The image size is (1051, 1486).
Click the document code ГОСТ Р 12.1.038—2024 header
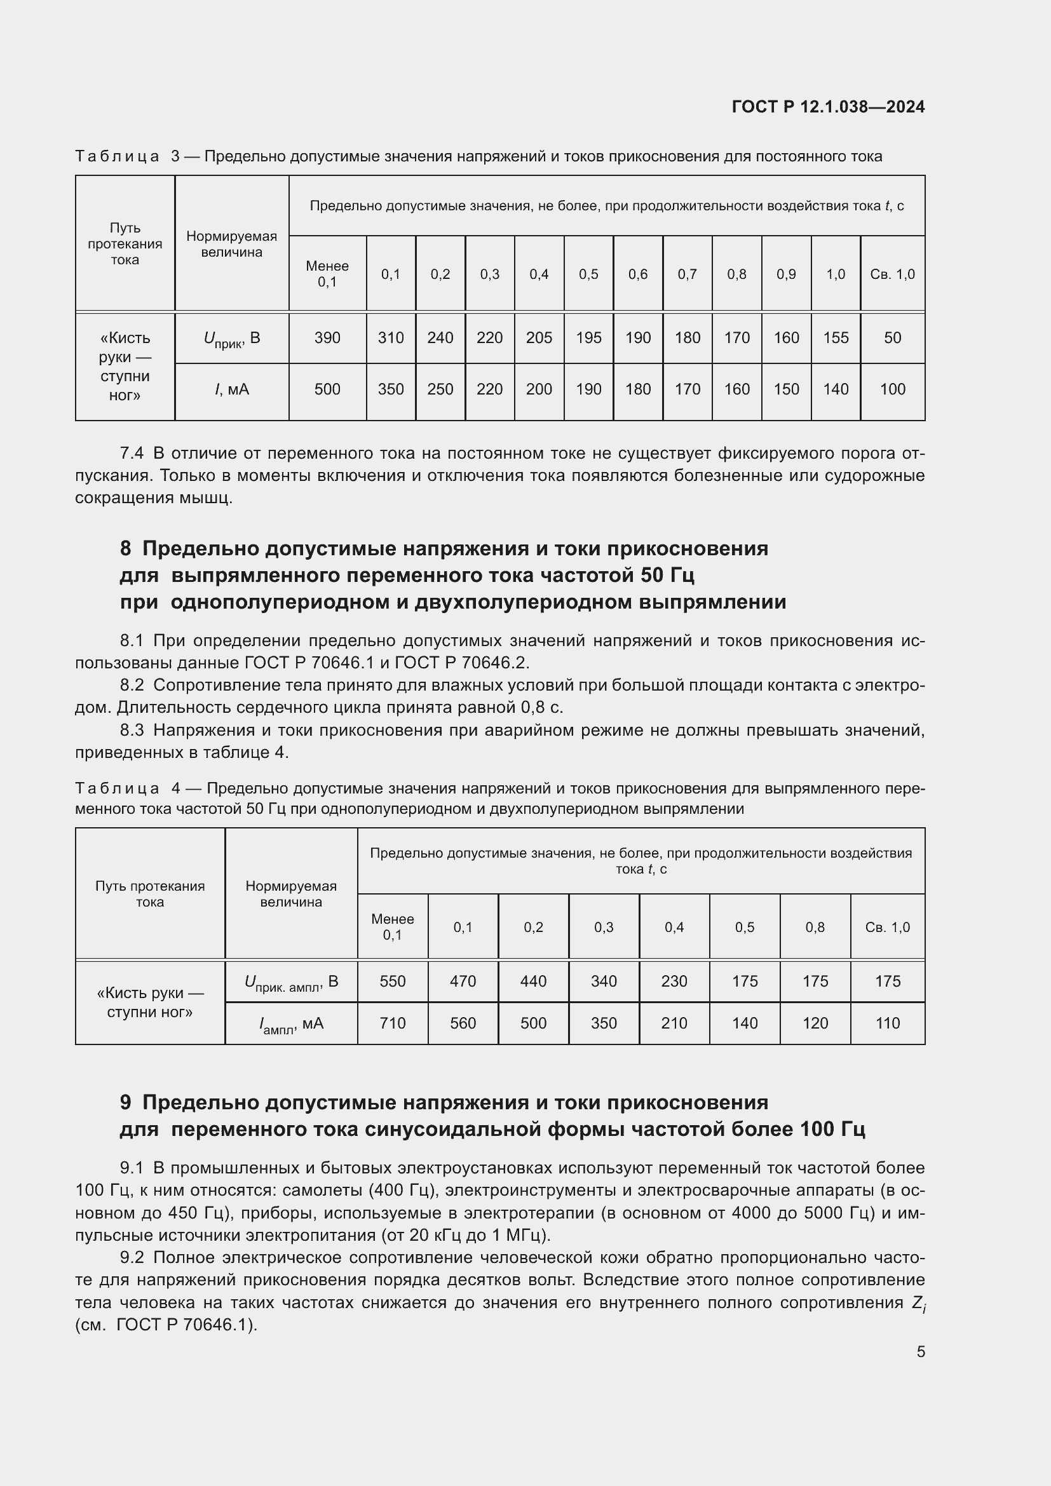(828, 107)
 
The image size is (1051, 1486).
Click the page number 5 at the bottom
(920, 1351)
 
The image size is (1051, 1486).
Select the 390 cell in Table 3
(327, 338)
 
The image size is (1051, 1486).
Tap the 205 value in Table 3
(538, 338)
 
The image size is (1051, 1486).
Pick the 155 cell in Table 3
(835, 338)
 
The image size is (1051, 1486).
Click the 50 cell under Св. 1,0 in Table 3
(892, 338)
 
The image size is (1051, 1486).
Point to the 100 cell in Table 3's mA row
(892, 389)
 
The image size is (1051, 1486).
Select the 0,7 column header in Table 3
(687, 274)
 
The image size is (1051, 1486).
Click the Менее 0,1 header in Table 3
(327, 274)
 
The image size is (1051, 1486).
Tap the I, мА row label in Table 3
(231, 389)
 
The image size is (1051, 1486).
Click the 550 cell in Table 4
(392, 981)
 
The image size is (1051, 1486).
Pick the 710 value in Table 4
(392, 1023)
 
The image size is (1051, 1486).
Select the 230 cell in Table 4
(674, 981)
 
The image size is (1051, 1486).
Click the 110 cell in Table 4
(887, 1023)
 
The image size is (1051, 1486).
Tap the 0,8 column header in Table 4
(815, 928)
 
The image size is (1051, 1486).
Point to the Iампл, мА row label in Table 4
(290, 1024)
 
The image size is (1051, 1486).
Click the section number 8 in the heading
(126, 549)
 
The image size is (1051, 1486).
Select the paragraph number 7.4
(132, 453)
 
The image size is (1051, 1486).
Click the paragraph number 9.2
(132, 1257)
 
